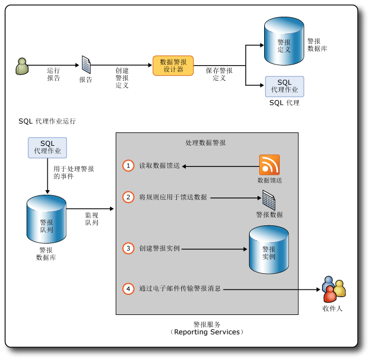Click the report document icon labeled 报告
coord(86,65)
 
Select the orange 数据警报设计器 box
coord(173,66)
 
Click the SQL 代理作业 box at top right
coord(284,86)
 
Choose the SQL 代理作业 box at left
coord(47,147)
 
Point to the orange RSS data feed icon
coord(269,165)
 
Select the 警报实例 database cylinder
coord(269,250)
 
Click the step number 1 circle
coord(128,166)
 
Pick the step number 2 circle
coord(128,197)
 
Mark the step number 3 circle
coord(128,248)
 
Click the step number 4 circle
coord(128,289)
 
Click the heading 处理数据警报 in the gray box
coord(206,142)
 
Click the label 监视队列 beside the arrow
coord(92,219)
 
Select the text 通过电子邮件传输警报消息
coord(180,289)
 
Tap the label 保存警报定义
coord(219,75)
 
